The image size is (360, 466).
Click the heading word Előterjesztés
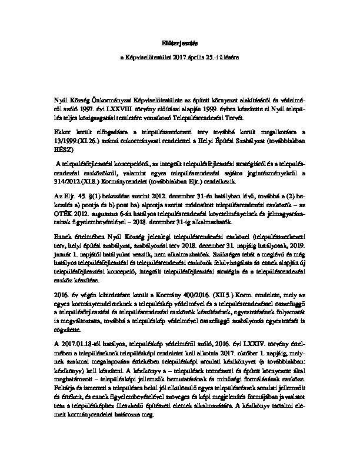[x=179, y=44]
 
